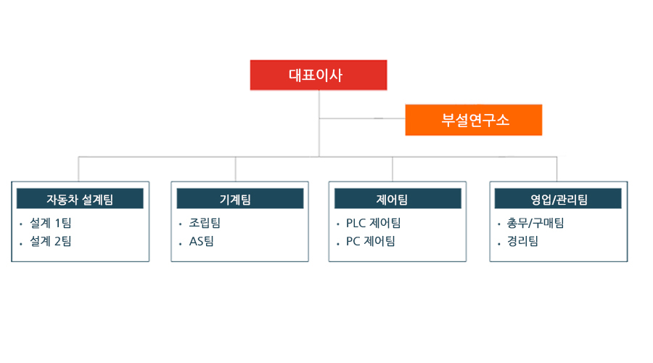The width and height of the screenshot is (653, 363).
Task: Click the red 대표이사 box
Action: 319,75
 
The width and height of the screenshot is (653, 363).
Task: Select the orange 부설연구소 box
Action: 474,120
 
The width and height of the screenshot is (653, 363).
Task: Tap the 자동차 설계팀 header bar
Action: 80,199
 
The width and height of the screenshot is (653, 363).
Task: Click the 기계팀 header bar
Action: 240,199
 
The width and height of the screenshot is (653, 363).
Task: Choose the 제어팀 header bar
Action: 398,199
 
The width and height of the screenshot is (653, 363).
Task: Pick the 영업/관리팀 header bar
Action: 558,199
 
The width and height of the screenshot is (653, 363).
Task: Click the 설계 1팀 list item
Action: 50,223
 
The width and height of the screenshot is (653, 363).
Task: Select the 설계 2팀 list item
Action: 50,241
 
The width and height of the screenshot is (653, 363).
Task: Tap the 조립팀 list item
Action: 205,223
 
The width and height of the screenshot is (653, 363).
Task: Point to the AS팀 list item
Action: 202,241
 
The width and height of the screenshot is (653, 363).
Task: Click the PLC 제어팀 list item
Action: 373,223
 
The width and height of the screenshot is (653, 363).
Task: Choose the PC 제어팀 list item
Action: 371,241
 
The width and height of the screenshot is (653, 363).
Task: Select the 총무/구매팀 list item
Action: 535,223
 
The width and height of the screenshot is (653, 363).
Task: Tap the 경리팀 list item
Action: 522,241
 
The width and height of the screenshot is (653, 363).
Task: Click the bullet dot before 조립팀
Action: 181,224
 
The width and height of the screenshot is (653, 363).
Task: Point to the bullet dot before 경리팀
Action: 499,243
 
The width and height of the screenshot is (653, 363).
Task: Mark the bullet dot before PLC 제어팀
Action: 337,224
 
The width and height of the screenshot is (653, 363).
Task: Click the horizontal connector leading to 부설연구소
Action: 362,118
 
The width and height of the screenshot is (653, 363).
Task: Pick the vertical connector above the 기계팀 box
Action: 235,169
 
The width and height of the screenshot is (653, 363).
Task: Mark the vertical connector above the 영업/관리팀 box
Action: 557,169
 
